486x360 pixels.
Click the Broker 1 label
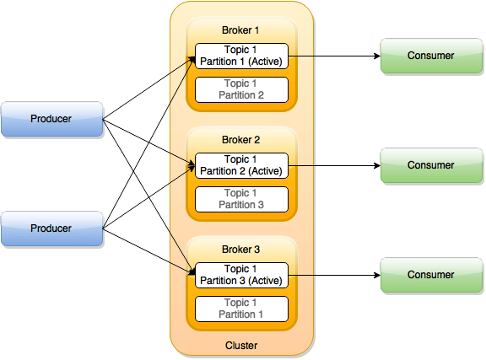[x=241, y=30]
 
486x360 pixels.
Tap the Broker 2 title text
[x=241, y=140]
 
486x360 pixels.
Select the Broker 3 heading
[x=241, y=250]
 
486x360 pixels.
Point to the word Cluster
[x=241, y=346]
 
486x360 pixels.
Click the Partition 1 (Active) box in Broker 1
[x=241, y=56]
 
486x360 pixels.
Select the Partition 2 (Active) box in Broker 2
[x=241, y=165]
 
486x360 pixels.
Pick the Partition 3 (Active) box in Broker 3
[x=241, y=275]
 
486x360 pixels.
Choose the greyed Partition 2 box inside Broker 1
[x=241, y=89]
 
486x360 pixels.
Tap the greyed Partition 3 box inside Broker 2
[x=241, y=199]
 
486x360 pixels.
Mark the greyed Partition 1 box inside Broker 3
[x=241, y=309]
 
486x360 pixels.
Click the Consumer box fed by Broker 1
[x=430, y=56]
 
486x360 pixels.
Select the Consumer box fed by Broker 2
[x=430, y=165]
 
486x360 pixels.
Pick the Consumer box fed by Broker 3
[x=430, y=275]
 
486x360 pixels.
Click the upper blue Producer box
[x=52, y=119]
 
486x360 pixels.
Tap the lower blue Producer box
[x=52, y=228]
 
